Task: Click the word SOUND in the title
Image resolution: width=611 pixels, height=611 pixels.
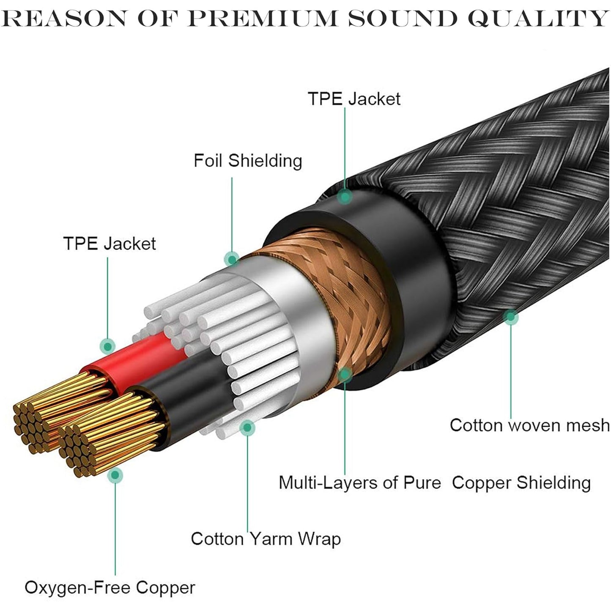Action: [x=402, y=18]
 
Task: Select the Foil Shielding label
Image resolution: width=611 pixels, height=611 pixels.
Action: [x=248, y=161]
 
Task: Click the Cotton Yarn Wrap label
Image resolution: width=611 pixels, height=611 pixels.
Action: [x=266, y=539]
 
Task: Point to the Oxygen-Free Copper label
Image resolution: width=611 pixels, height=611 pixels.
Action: [x=110, y=587]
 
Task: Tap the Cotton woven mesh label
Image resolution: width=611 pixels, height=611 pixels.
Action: [x=529, y=425]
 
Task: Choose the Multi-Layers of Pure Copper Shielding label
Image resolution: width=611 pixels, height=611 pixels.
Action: [x=434, y=482]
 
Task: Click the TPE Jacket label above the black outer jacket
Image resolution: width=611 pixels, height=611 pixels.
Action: [x=353, y=99]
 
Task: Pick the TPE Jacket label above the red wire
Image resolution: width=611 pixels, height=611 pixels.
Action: [x=109, y=244]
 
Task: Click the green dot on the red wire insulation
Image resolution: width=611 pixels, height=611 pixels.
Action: [x=108, y=346]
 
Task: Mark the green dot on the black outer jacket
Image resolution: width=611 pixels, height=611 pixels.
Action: [x=345, y=196]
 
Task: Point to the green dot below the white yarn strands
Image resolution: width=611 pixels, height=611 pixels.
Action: [x=247, y=427]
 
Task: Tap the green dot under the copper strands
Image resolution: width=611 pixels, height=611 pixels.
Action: [x=115, y=475]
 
